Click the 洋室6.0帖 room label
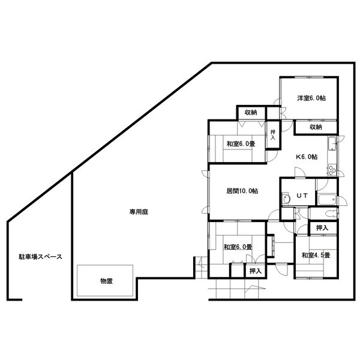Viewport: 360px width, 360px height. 311,98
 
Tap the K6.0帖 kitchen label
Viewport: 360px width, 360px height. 307,157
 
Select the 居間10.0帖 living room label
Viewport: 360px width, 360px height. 242,191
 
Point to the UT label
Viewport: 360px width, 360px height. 302,196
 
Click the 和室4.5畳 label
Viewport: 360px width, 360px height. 316,255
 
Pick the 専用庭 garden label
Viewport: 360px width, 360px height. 139,212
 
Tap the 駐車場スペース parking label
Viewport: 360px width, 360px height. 40,257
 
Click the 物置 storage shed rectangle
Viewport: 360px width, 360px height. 105,281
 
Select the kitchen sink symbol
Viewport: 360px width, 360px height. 332,144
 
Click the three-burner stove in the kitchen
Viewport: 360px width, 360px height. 332,170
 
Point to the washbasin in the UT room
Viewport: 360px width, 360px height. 286,199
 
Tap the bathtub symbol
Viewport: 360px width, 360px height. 327,200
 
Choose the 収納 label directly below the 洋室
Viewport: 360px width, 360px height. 316,127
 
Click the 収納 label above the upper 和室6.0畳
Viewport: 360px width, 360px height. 251,113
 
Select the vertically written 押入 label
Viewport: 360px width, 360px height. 273,135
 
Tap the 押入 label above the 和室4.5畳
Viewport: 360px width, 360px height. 322,228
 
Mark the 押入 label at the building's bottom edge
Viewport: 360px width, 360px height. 256,271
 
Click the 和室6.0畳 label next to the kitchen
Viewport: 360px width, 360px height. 241,144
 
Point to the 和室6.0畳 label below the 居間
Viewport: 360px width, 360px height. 238,247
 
